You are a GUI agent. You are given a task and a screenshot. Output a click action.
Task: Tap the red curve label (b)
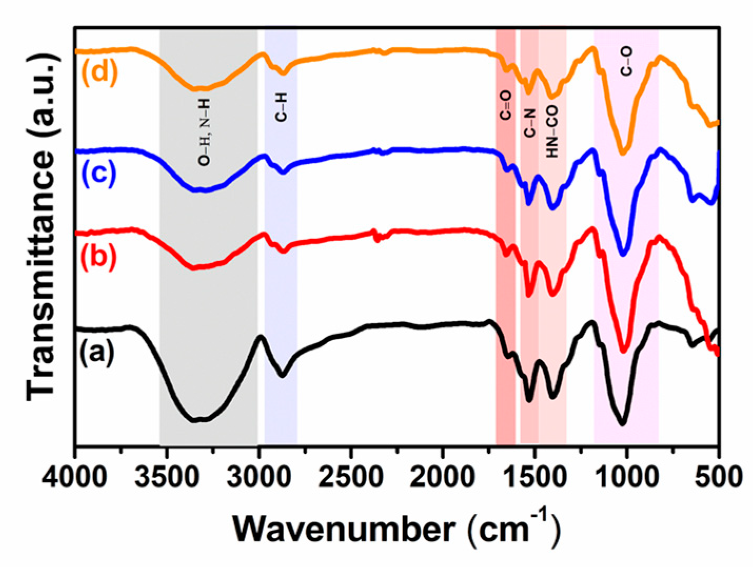(x=98, y=257)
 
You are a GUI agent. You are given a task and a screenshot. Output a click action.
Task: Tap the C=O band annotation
(x=506, y=105)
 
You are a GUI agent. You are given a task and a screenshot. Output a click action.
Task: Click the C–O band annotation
(x=626, y=62)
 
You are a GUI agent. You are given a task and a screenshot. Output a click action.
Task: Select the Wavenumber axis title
(x=395, y=528)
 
